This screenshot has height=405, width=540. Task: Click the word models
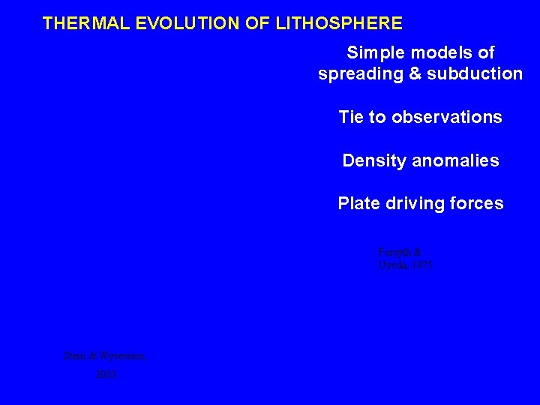point(445,53)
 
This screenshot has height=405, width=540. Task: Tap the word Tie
point(351,118)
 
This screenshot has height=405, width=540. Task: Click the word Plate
point(360,203)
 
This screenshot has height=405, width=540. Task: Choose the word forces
point(479,203)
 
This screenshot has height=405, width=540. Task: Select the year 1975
point(421,265)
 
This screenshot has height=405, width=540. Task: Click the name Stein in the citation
point(76,356)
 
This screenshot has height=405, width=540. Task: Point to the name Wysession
point(121,356)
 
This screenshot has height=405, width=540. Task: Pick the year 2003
point(106,373)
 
